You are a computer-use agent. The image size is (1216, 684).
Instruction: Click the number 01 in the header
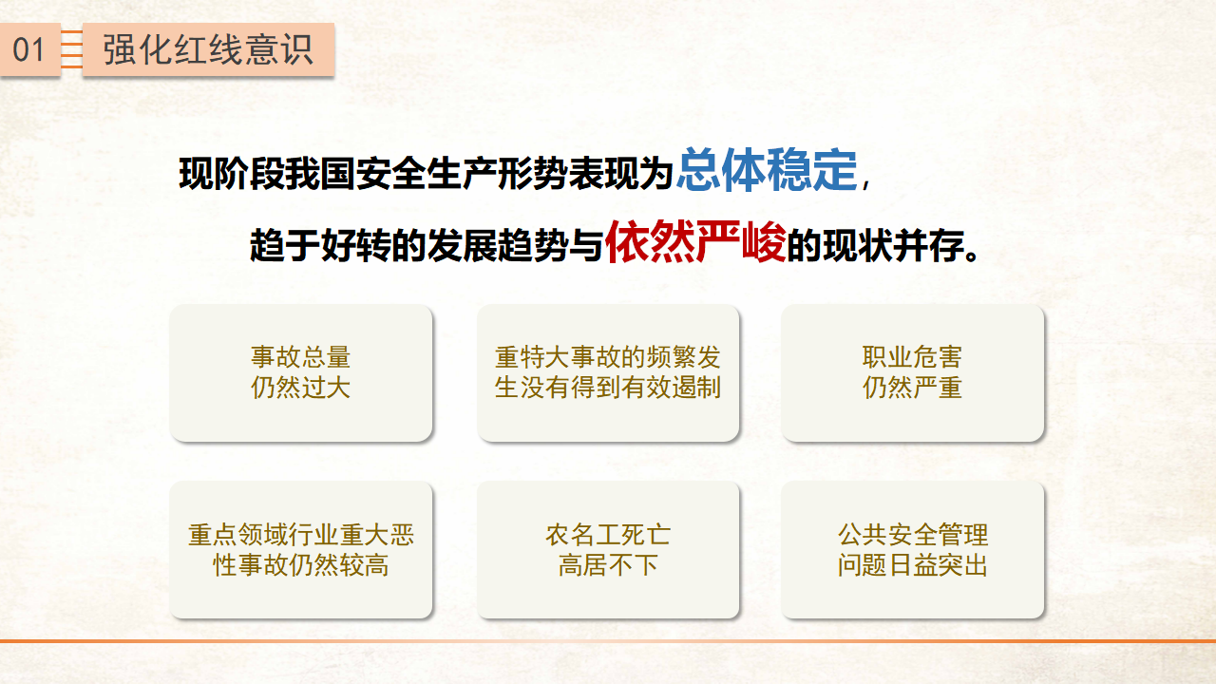tap(28, 50)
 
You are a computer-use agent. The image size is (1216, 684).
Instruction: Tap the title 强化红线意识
tap(208, 50)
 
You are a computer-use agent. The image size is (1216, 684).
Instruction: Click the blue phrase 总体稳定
tap(767, 169)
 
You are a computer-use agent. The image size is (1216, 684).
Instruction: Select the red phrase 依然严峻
tap(695, 241)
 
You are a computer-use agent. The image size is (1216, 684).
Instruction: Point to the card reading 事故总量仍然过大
tap(301, 373)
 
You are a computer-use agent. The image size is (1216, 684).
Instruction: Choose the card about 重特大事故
tap(608, 373)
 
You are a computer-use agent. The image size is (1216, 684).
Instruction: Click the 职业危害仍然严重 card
tap(913, 373)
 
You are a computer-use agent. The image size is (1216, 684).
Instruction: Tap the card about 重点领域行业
tap(301, 550)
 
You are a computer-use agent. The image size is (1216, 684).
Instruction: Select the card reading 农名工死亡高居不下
tap(608, 550)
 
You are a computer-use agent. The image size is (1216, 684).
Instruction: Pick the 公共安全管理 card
tap(913, 550)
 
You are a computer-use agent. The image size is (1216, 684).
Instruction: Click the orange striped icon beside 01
tap(71, 50)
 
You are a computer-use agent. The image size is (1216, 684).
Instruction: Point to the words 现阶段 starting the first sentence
tap(232, 174)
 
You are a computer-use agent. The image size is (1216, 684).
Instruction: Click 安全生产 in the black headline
tap(426, 174)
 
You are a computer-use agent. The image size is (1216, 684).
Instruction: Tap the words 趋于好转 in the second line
tap(320, 246)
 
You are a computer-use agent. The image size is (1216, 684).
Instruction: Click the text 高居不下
tap(608, 565)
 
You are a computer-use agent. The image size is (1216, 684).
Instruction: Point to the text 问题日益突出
tap(913, 565)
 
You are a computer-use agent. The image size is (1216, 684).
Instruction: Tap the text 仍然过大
tap(301, 388)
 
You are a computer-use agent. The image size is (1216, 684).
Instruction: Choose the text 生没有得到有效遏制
tap(608, 388)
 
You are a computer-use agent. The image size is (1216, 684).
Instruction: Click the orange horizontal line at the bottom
tap(608, 641)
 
